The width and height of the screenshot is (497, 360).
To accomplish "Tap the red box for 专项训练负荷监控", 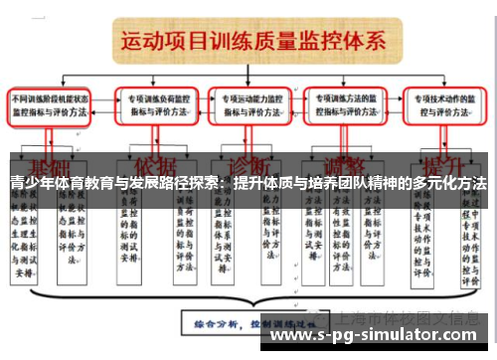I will (x=157, y=106).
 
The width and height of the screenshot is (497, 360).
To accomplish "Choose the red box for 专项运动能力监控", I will (x=253, y=106).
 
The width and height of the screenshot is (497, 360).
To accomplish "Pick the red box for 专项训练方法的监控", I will (x=349, y=106).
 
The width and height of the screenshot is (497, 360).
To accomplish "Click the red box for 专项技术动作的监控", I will (x=446, y=106).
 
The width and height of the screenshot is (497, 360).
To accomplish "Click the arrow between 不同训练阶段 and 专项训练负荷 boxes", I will (x=105, y=106).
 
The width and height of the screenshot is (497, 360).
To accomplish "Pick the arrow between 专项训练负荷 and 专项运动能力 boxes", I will (x=206, y=106).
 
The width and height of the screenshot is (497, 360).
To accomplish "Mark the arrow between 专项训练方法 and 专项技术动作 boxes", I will (x=399, y=106).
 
